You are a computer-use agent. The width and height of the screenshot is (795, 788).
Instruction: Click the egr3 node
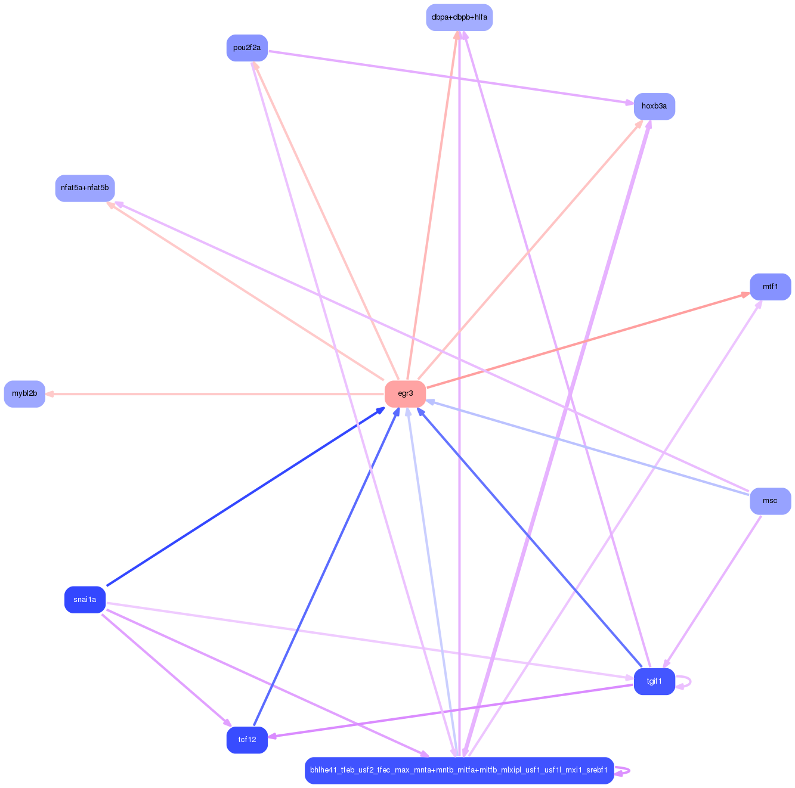405,393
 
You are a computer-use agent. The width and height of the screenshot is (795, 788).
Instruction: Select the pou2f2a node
247,48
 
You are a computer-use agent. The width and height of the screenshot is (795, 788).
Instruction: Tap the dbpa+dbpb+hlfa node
459,17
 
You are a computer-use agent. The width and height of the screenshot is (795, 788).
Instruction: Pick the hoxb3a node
654,106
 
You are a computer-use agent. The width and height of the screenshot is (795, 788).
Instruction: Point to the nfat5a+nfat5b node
85,188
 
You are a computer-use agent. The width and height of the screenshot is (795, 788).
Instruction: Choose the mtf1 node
770,287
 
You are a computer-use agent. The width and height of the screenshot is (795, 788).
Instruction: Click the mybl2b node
24,393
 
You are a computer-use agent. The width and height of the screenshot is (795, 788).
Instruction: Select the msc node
770,501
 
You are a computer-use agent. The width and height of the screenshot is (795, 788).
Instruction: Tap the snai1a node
85,599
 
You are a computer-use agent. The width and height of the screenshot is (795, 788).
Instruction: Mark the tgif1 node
654,681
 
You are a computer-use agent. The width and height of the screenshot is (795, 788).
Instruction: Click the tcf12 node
247,740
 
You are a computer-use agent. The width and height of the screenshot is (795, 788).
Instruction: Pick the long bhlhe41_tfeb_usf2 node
459,770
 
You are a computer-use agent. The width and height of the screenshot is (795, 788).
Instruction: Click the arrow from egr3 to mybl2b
215,394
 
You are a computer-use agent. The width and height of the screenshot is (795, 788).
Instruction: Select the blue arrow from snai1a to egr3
245,497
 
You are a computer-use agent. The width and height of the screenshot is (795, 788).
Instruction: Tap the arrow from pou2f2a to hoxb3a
450,77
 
